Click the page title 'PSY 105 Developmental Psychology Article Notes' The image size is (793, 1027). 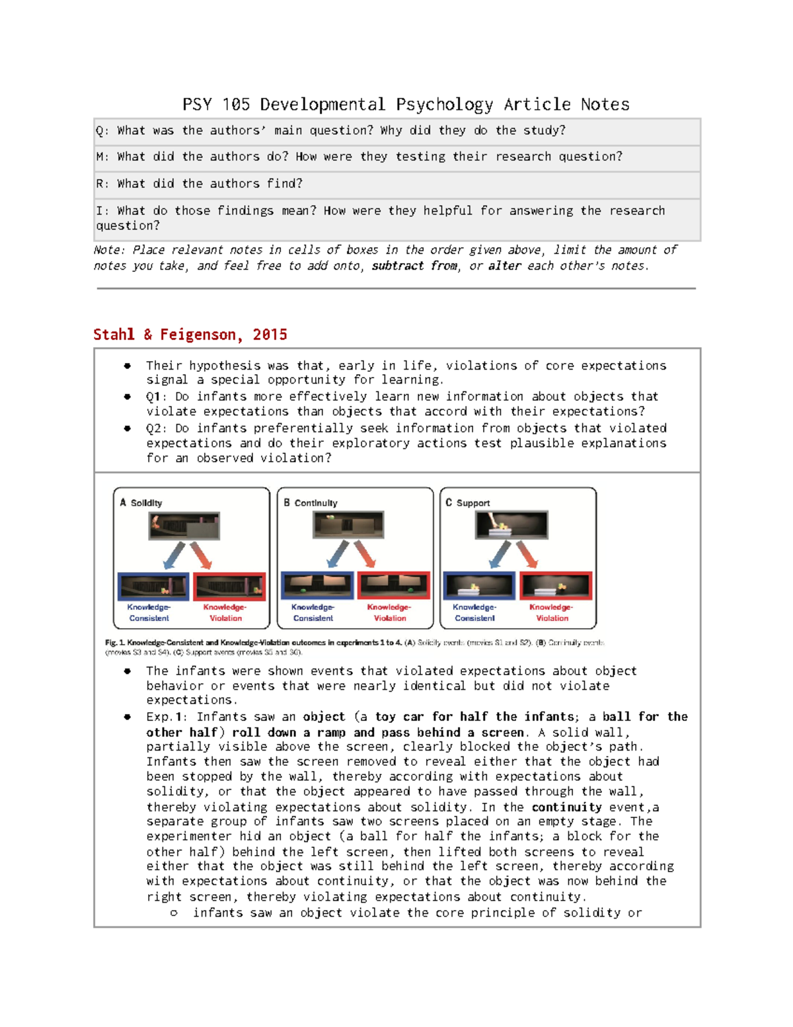[406, 104]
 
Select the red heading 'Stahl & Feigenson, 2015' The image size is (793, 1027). [190, 335]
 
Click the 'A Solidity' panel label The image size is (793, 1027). [141, 503]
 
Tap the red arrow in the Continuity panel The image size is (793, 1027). [365, 554]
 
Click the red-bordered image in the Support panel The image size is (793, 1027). [556, 586]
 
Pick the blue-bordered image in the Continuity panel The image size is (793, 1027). [317, 586]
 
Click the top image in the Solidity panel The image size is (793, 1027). [184, 526]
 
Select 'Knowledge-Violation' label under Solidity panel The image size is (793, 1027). [225, 612]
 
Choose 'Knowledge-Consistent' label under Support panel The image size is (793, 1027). [474, 612]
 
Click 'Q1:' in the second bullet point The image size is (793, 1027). [157, 397]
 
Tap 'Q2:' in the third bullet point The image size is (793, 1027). [157, 429]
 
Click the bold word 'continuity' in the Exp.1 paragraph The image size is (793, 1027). [566, 807]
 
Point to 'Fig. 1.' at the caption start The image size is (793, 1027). [115, 642]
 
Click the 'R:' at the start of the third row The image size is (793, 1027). [102, 184]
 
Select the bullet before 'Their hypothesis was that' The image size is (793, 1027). [128, 366]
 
